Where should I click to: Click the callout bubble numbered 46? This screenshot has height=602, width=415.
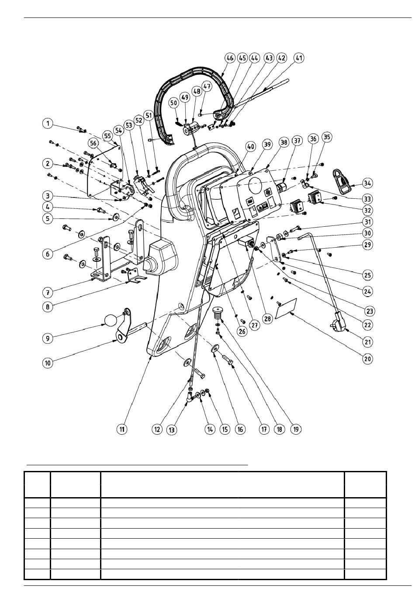tap(230, 58)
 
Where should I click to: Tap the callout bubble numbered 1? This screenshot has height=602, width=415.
tap(48, 124)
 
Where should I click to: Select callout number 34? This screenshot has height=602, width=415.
tap(367, 183)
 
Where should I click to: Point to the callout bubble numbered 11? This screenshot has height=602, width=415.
tap(122, 429)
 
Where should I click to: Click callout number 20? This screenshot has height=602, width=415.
tap(367, 359)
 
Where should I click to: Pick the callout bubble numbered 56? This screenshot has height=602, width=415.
tap(93, 143)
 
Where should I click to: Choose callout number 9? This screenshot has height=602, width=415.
tap(48, 338)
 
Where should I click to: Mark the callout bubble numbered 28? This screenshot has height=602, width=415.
tap(268, 318)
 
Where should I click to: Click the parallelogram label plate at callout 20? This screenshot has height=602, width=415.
tap(286, 308)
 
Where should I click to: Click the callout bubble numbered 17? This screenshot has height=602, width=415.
tap(264, 429)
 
